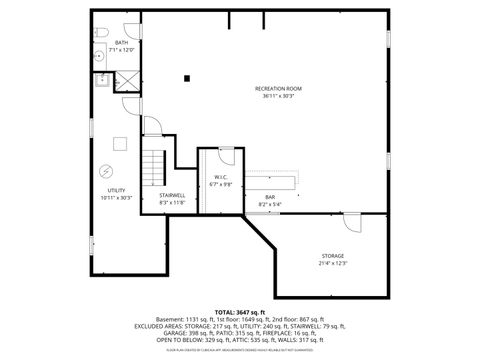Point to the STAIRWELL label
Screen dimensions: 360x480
171,195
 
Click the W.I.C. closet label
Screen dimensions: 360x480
220,178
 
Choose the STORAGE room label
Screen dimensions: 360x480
333,256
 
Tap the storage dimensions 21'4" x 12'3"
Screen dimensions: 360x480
333,264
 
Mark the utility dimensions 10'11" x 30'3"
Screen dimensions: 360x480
117,197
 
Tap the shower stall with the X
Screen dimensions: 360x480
128,81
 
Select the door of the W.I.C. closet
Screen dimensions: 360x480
227,156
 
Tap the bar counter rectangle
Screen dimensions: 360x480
271,182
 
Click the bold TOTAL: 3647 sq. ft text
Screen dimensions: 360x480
240,311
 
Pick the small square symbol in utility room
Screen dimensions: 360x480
117,142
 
